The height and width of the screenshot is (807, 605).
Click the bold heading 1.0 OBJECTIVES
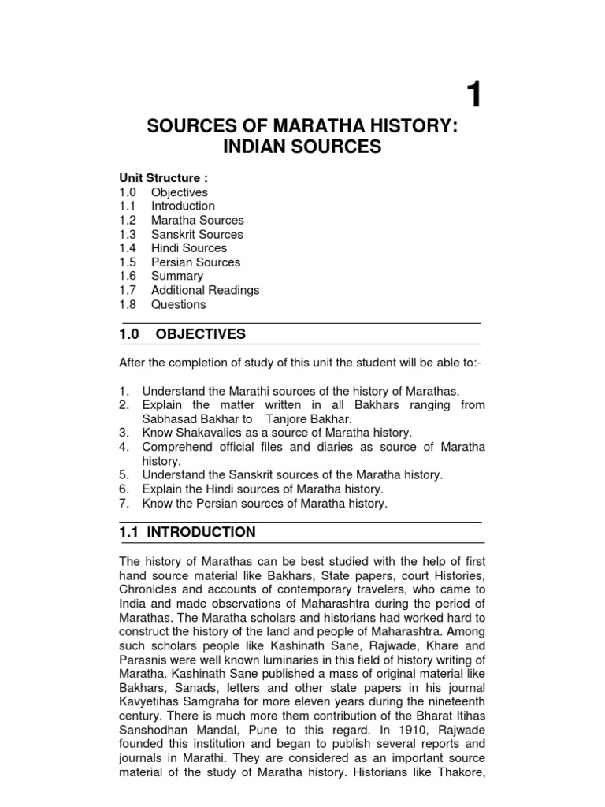point(182,334)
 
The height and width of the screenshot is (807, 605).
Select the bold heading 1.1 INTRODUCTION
point(187,532)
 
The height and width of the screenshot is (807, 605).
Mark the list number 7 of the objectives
point(124,503)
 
